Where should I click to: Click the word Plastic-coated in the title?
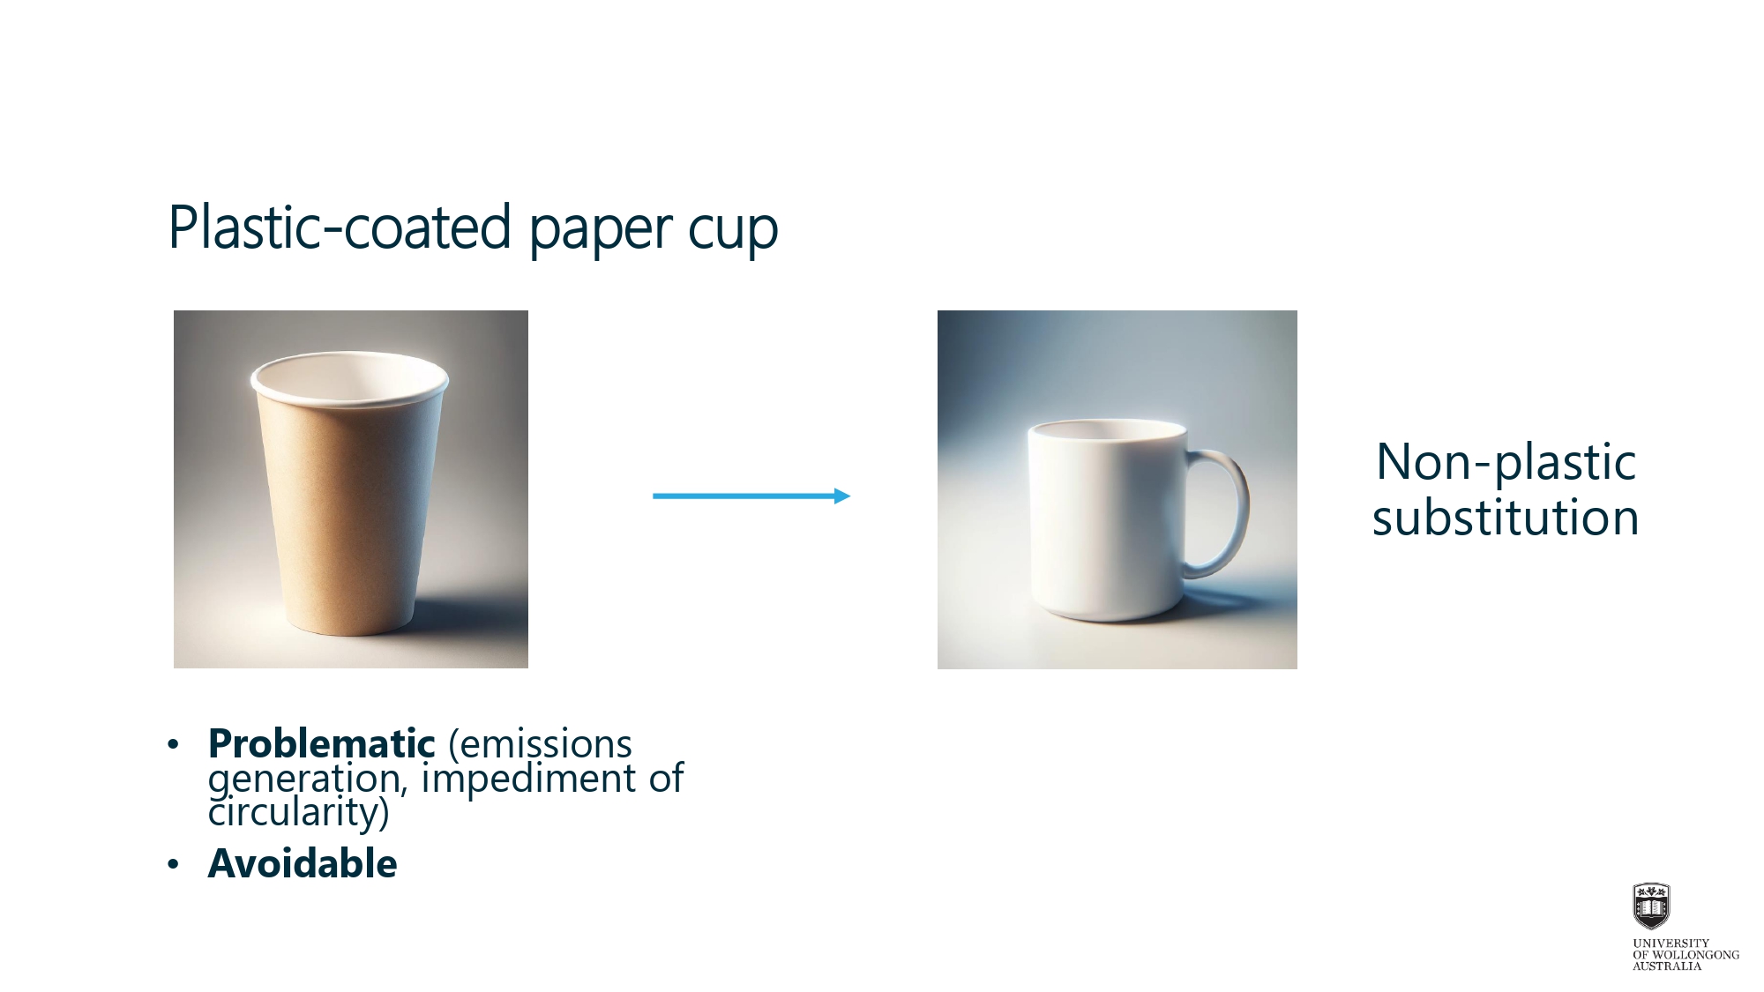tap(340, 227)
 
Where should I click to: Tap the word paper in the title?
tap(601, 231)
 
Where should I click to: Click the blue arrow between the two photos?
tap(751, 496)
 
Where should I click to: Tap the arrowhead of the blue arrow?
tap(842, 496)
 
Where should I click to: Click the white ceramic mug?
tap(1138, 520)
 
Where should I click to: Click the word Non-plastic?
tap(1506, 463)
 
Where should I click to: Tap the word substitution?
tap(1506, 518)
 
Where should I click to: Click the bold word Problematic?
tap(322, 744)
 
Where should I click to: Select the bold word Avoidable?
tap(303, 863)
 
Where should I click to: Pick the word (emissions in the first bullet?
tap(540, 745)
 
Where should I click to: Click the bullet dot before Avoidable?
tap(173, 864)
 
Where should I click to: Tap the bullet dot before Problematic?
tap(173, 745)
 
